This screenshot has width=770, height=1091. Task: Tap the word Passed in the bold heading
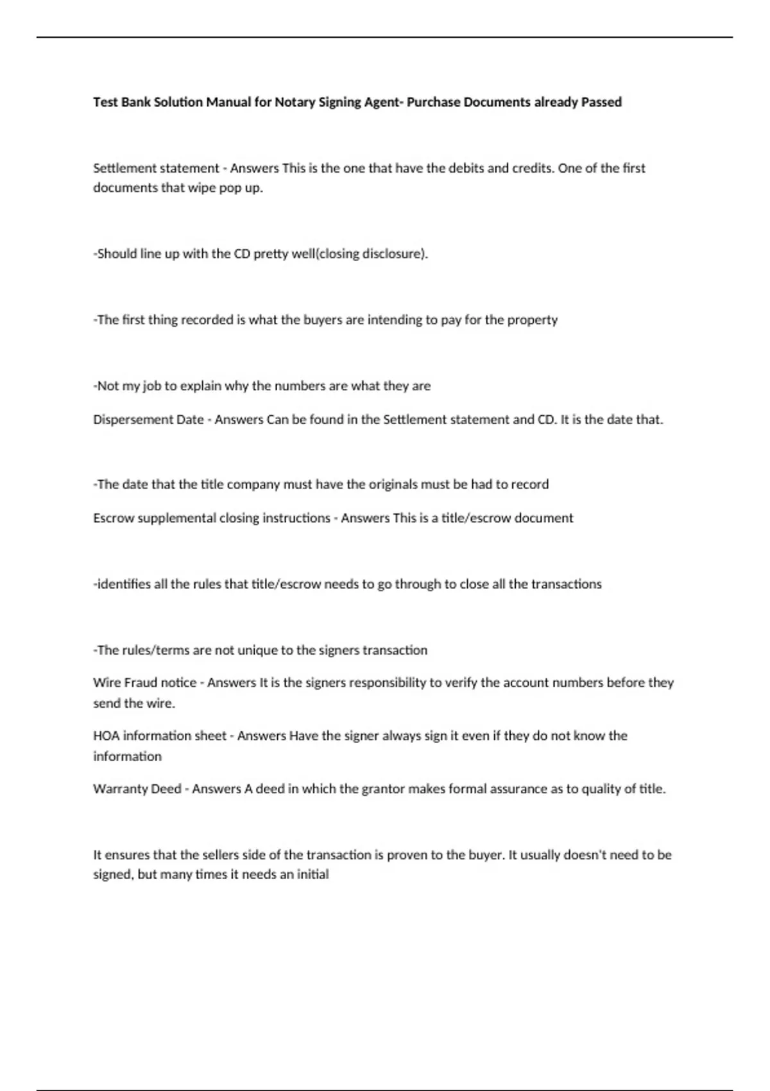(x=601, y=102)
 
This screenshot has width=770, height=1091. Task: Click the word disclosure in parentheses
(x=395, y=253)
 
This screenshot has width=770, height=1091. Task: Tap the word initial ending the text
(x=312, y=875)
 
